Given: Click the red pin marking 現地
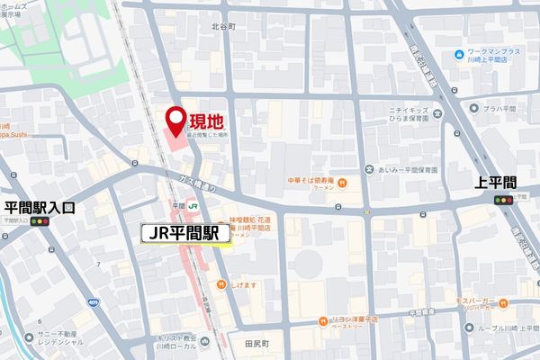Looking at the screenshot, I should coord(176,118).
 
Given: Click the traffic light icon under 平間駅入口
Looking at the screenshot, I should coord(40,221).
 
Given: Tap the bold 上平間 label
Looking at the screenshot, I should coord(496,182).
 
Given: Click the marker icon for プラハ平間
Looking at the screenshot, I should coord(473,109).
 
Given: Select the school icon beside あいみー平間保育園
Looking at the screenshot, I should coord(369,169).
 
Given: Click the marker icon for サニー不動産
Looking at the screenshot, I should coord(30,337).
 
